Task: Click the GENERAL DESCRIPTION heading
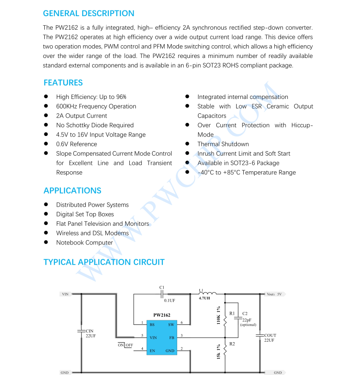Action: [88, 13]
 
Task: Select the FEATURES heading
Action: [63, 83]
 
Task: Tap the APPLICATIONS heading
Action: [72, 190]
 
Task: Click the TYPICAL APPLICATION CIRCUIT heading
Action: [104, 262]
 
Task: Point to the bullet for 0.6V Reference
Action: [46, 144]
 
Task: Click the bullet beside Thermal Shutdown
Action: [187, 144]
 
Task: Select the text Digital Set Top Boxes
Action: [85, 214]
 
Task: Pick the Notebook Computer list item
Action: [84, 242]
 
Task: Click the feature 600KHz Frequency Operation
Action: [96, 106]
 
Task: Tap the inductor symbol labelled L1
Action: [208, 293]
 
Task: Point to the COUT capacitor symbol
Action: [260, 335]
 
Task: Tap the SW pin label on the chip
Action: [171, 325]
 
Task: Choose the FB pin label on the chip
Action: [172, 337]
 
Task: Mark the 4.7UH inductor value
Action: [204, 299]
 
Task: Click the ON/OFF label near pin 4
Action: [125, 345]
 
